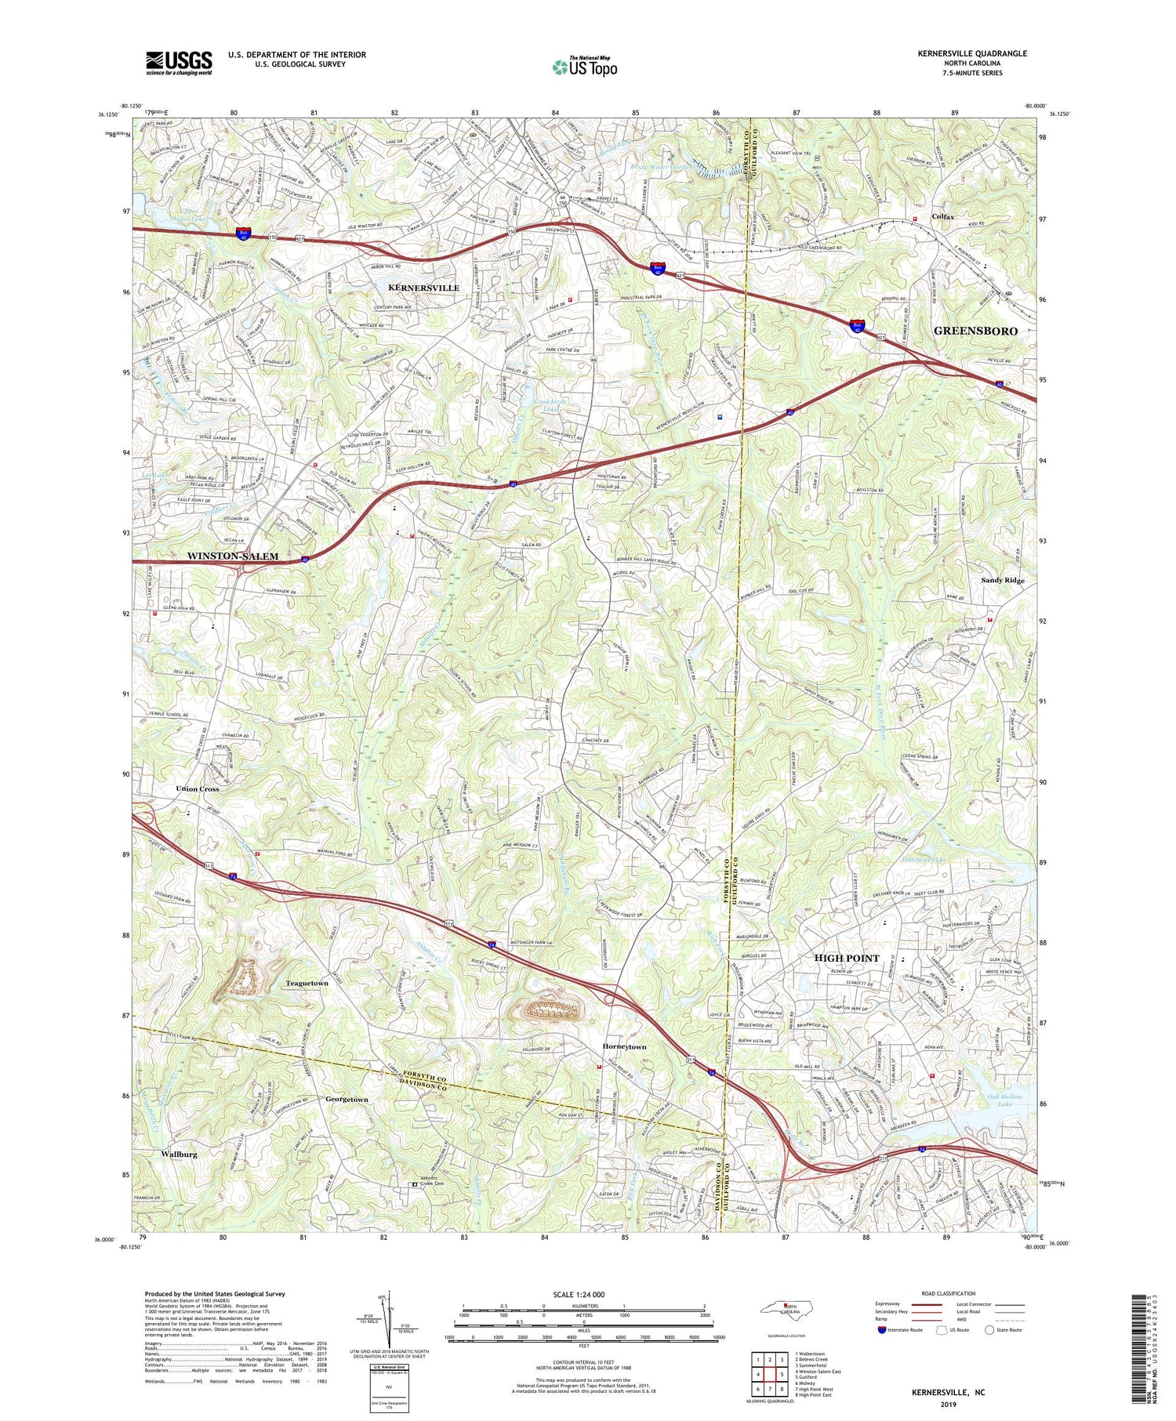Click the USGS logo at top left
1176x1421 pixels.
[x=179, y=63]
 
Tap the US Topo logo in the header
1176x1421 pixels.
[x=584, y=67]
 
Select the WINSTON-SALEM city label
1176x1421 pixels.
[x=232, y=556]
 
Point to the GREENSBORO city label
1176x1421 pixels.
[x=975, y=331]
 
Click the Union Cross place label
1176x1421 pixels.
[x=198, y=788]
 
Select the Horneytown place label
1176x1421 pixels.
[x=624, y=1047]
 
